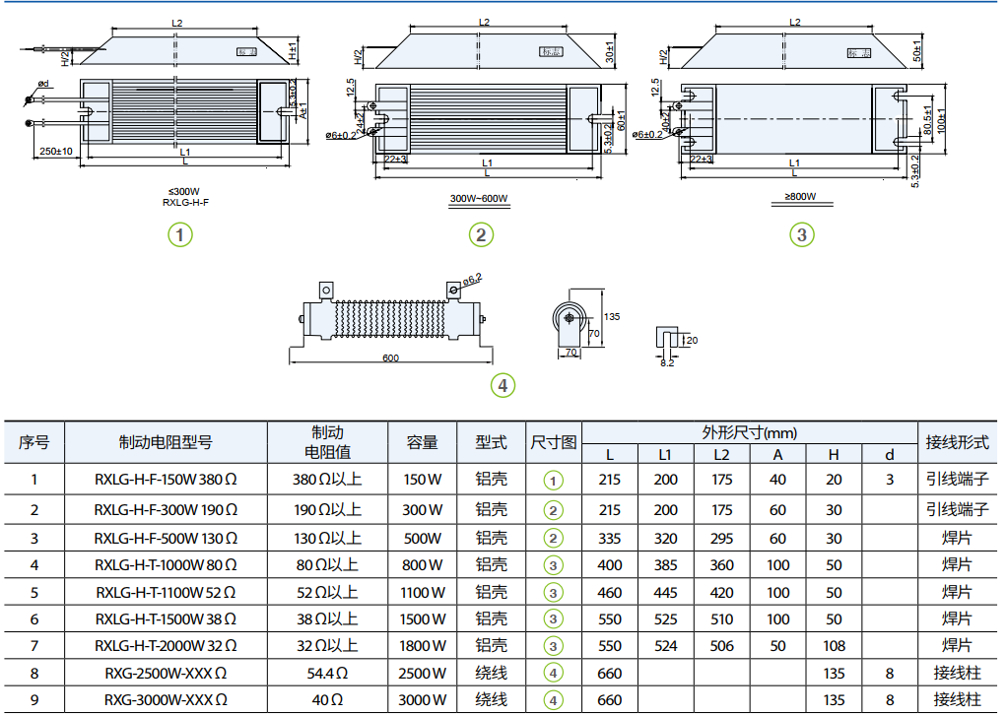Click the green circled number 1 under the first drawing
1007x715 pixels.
(179, 235)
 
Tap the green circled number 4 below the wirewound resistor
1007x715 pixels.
(503, 385)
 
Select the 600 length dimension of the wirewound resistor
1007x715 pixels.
(390, 357)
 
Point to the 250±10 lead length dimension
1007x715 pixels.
(56, 151)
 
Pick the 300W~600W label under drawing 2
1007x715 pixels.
(479, 198)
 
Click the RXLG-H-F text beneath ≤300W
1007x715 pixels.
(185, 202)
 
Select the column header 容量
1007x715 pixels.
(422, 442)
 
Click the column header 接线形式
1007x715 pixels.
(955, 442)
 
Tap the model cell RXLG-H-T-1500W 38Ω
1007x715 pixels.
(166, 618)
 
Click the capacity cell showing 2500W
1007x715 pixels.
(422, 673)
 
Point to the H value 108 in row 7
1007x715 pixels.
(834, 646)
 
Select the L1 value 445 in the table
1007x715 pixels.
(665, 592)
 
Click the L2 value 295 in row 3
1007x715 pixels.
(722, 538)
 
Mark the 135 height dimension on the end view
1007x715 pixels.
(611, 317)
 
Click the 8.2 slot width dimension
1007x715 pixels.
(667, 363)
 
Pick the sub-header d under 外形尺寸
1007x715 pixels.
(890, 454)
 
